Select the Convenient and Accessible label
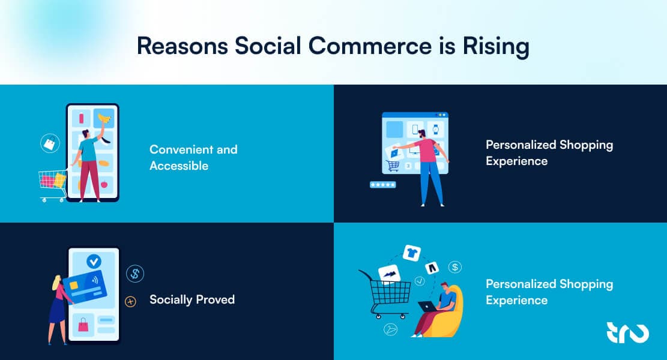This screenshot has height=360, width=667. pyautogui.click(x=193, y=157)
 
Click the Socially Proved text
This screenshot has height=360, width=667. pyautogui.click(x=192, y=299)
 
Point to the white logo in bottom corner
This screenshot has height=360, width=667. pyautogui.click(x=627, y=332)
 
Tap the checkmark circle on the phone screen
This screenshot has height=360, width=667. pyautogui.click(x=93, y=261)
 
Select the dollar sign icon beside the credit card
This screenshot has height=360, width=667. pyautogui.click(x=135, y=274)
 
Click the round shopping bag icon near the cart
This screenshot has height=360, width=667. pyautogui.click(x=49, y=143)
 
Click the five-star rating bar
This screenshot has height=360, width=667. pyautogui.click(x=382, y=185)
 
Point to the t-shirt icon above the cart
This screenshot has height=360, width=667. pyautogui.click(x=412, y=253)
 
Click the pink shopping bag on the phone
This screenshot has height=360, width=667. pyautogui.click(x=83, y=325)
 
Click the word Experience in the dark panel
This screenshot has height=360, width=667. pyautogui.click(x=516, y=161)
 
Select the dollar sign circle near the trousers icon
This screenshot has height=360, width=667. pyautogui.click(x=455, y=266)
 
